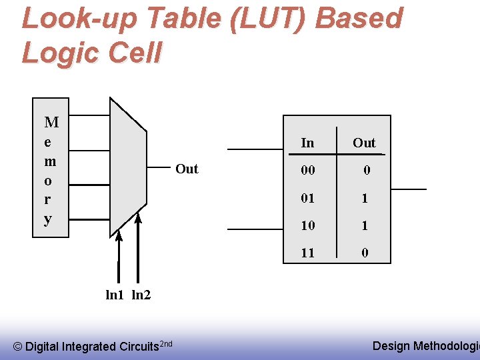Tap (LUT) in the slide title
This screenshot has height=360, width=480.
267,19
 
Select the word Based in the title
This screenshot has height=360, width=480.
358,19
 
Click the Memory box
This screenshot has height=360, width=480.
51,167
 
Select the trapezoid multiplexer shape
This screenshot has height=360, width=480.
127,167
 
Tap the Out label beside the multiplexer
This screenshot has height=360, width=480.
187,169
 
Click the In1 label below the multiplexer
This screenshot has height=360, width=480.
115,295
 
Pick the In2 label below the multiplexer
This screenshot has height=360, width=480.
141,295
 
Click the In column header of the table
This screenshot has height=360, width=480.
307,143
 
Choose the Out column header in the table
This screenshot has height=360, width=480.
364,143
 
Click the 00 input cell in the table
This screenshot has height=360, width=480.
307,171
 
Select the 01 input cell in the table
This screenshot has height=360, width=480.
307,198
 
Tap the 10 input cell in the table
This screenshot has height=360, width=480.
307,226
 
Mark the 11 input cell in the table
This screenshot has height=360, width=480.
307,253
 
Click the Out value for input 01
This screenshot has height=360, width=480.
365,198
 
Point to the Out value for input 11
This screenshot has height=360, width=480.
365,253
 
